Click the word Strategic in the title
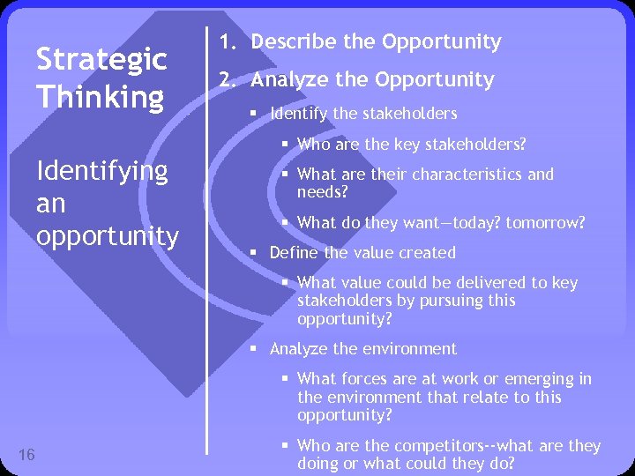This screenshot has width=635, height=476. (101, 60)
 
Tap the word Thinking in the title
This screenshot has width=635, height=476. (100, 96)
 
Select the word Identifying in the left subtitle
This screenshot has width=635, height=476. (101, 170)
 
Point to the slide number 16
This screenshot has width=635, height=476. (27, 455)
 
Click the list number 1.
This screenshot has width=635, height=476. (227, 42)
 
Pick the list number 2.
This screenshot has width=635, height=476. (228, 80)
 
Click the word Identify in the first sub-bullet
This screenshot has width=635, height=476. (298, 113)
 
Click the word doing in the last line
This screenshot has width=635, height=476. (319, 464)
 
